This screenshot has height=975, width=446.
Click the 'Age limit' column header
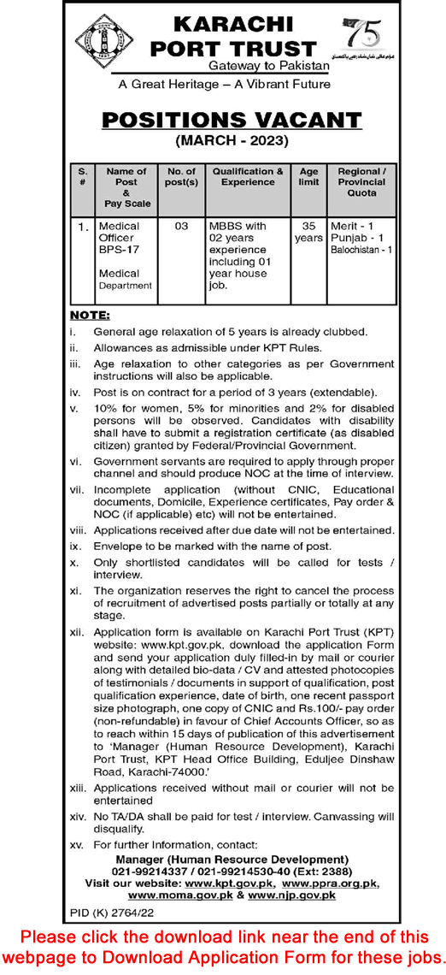click(308, 176)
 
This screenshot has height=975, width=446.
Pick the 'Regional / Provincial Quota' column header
click(361, 181)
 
